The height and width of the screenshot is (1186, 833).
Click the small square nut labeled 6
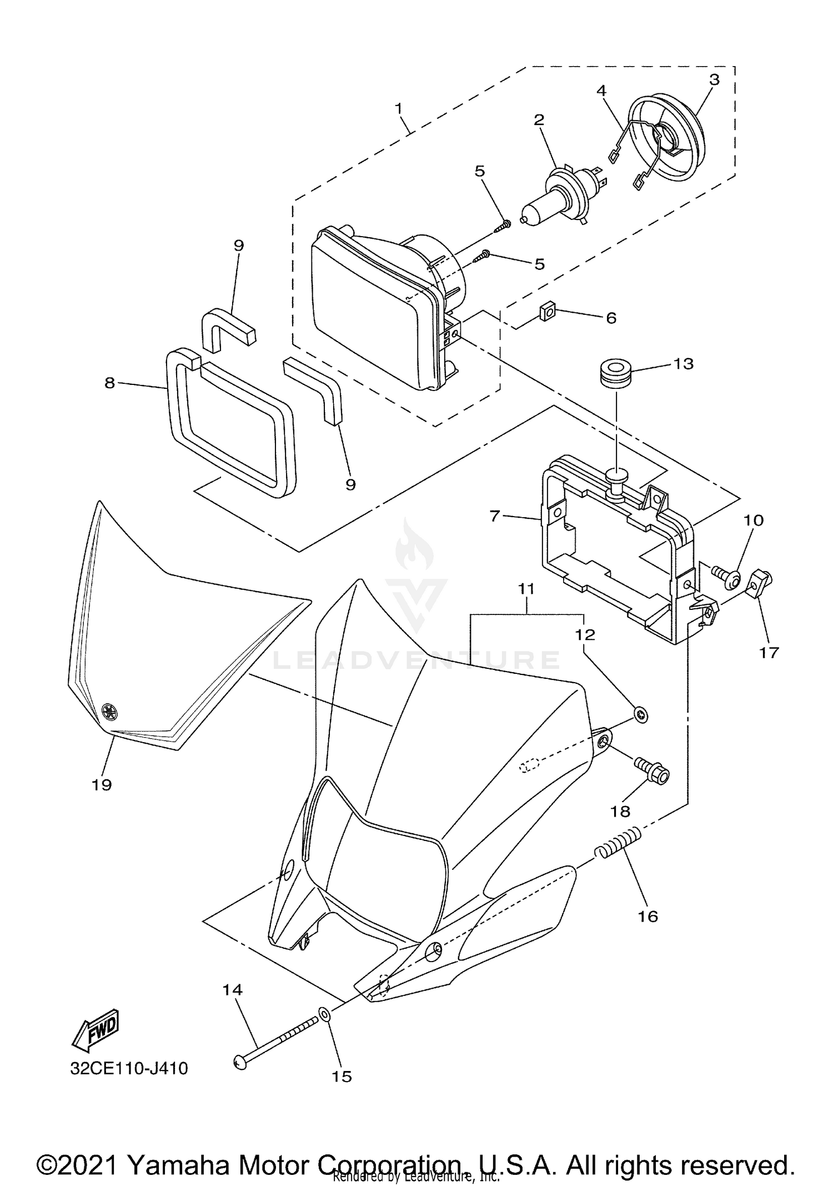(549, 313)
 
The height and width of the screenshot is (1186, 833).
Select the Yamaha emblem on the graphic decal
(110, 710)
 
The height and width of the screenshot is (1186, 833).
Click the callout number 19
(102, 784)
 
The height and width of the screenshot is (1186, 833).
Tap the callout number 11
(526, 588)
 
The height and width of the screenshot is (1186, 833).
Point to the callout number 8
(110, 382)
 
